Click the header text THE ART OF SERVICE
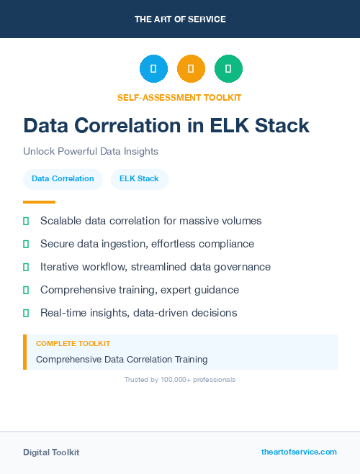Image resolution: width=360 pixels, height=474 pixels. pyautogui.click(x=180, y=19)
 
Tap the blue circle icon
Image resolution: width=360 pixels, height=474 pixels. pyautogui.click(x=153, y=69)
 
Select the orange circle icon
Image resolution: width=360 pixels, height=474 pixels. pyautogui.click(x=191, y=69)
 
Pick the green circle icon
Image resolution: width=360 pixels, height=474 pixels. pyautogui.click(x=228, y=69)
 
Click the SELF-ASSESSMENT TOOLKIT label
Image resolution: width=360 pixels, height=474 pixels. pyautogui.click(x=179, y=97)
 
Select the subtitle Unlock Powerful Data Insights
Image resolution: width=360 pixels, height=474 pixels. pyautogui.click(x=90, y=152)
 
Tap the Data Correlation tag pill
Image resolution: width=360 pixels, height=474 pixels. pyautogui.click(x=63, y=178)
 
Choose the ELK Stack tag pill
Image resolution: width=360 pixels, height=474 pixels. pyautogui.click(x=139, y=178)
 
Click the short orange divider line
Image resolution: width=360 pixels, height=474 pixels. pyautogui.click(x=39, y=202)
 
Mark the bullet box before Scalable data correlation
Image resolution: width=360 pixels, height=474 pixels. pyautogui.click(x=26, y=221)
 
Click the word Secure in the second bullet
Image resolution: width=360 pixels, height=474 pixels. pyautogui.click(x=58, y=244)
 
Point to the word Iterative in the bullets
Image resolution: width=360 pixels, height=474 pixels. pyautogui.click(x=61, y=267)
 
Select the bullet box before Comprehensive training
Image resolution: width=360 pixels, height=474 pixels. pyautogui.click(x=26, y=290)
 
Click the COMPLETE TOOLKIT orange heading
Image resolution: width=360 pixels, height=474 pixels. pyautogui.click(x=73, y=344)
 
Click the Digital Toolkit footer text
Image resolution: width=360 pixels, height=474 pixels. pyautogui.click(x=51, y=452)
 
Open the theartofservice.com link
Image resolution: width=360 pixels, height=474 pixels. pyautogui.click(x=299, y=452)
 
